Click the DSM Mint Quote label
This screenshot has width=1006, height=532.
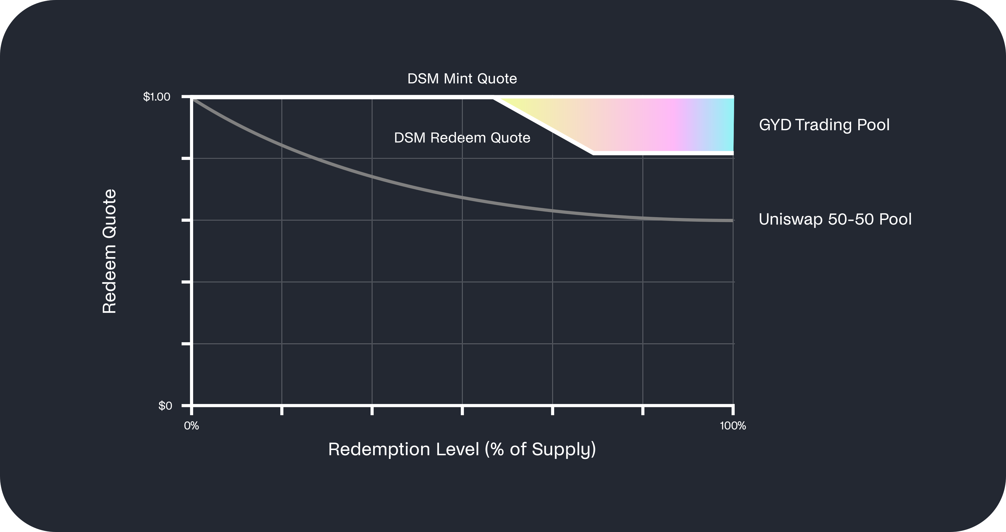pos(462,79)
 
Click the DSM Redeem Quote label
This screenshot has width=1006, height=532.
pos(462,137)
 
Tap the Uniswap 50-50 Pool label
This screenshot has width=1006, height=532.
pos(835,219)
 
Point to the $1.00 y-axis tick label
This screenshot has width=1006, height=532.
pos(157,96)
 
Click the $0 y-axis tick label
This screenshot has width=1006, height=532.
pos(165,406)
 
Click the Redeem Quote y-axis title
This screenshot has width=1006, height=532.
pos(109,251)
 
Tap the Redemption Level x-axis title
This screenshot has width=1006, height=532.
pos(462,449)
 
